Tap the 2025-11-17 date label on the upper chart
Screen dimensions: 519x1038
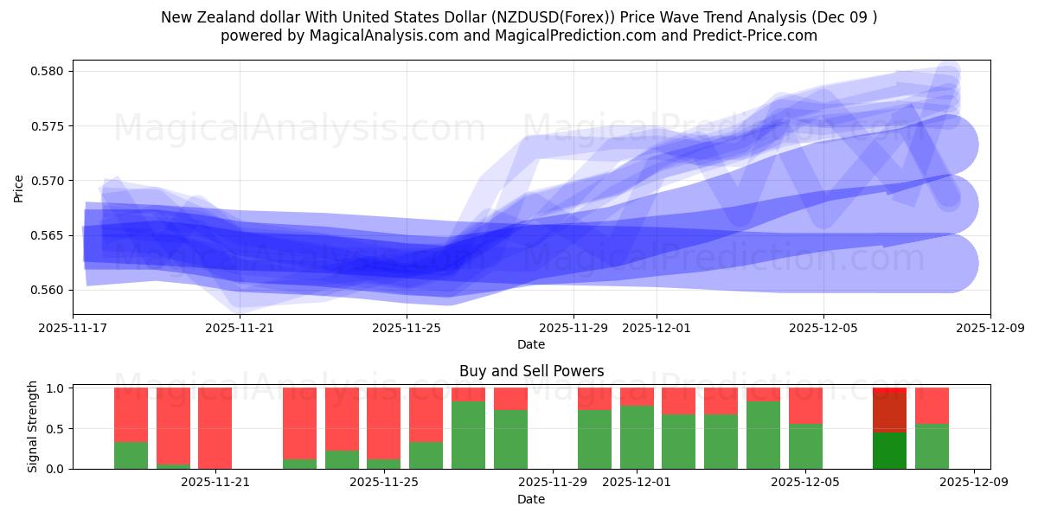coord(73,329)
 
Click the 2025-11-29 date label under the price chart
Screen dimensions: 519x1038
coord(573,329)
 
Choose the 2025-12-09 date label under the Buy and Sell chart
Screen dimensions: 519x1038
coord(974,483)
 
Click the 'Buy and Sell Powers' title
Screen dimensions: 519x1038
coord(531,372)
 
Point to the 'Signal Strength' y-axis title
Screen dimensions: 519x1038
coord(33,426)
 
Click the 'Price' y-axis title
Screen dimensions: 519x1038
coord(19,187)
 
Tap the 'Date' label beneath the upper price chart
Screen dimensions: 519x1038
coord(531,344)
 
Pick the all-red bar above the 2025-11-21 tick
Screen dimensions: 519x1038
coord(215,427)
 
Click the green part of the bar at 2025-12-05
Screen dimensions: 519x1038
coord(805,446)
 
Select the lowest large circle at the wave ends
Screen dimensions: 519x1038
coord(948,264)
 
